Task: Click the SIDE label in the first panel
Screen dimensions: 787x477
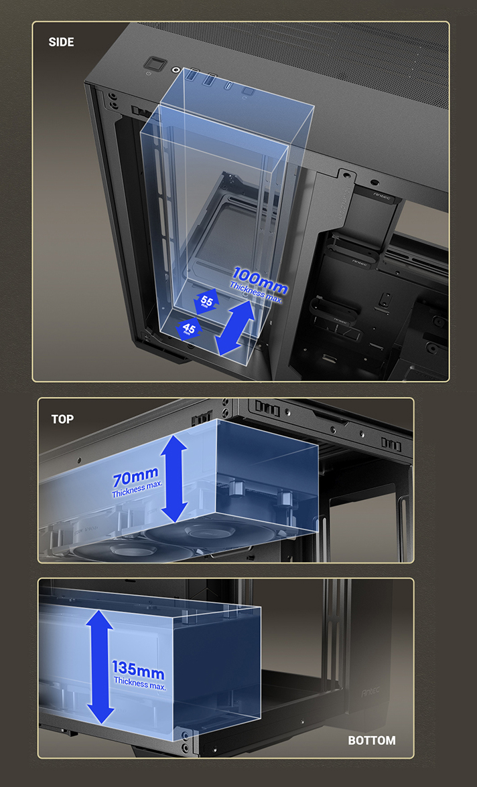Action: click(x=61, y=42)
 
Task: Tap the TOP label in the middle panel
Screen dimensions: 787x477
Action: click(x=62, y=419)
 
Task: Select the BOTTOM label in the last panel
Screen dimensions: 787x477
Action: click(x=371, y=740)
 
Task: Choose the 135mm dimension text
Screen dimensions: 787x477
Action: click(x=137, y=669)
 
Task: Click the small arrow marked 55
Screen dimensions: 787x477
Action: click(x=206, y=302)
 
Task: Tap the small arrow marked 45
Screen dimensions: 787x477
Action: click(x=189, y=329)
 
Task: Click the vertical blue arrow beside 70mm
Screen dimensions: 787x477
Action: click(x=174, y=478)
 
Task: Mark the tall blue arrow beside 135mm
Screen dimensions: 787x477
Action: click(x=100, y=667)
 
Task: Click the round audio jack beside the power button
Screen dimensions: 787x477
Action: click(x=176, y=69)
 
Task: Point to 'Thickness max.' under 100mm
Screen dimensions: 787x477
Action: click(x=255, y=294)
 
